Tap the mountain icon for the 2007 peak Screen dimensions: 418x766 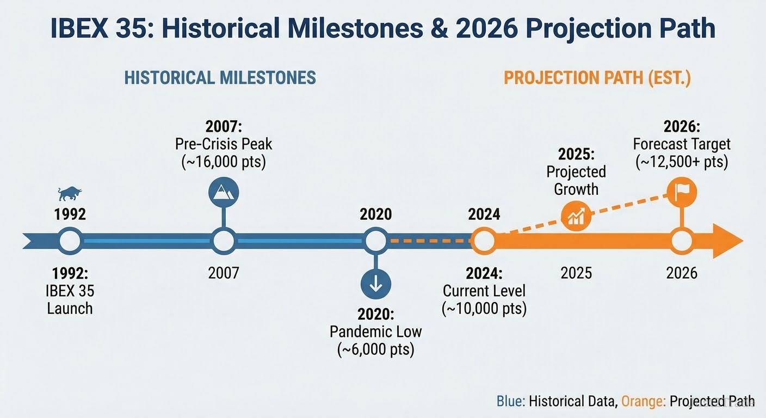[x=224, y=193]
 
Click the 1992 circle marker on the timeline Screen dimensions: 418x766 [x=70, y=241]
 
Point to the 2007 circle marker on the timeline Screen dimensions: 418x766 [x=224, y=241]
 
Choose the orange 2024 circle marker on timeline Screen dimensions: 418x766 [x=484, y=241]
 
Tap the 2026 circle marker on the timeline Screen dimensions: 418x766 [x=682, y=241]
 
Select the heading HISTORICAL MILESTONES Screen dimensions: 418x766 [x=220, y=78]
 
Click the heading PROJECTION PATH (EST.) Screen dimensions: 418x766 [x=597, y=78]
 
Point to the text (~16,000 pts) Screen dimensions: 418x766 [x=224, y=162]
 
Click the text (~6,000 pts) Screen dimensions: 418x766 [x=376, y=349]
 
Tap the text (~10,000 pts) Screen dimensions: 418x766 [x=484, y=308]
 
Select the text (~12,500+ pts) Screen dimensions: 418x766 [x=682, y=162]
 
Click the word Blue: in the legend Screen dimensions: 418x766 [x=510, y=402]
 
